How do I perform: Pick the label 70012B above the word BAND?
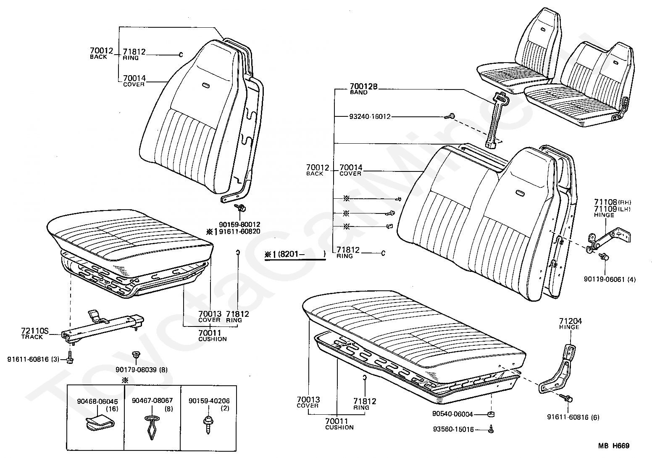pyautogui.click(x=364, y=87)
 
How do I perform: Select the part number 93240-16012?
pyautogui.click(x=370, y=116)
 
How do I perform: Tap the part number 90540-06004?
pyautogui.click(x=452, y=414)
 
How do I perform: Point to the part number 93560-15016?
pyautogui.click(x=453, y=429)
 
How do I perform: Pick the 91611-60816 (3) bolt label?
pyautogui.click(x=33, y=359)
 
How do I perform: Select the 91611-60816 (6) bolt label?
pyautogui.click(x=573, y=417)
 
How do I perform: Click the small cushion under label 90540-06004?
pyautogui.click(x=490, y=415)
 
